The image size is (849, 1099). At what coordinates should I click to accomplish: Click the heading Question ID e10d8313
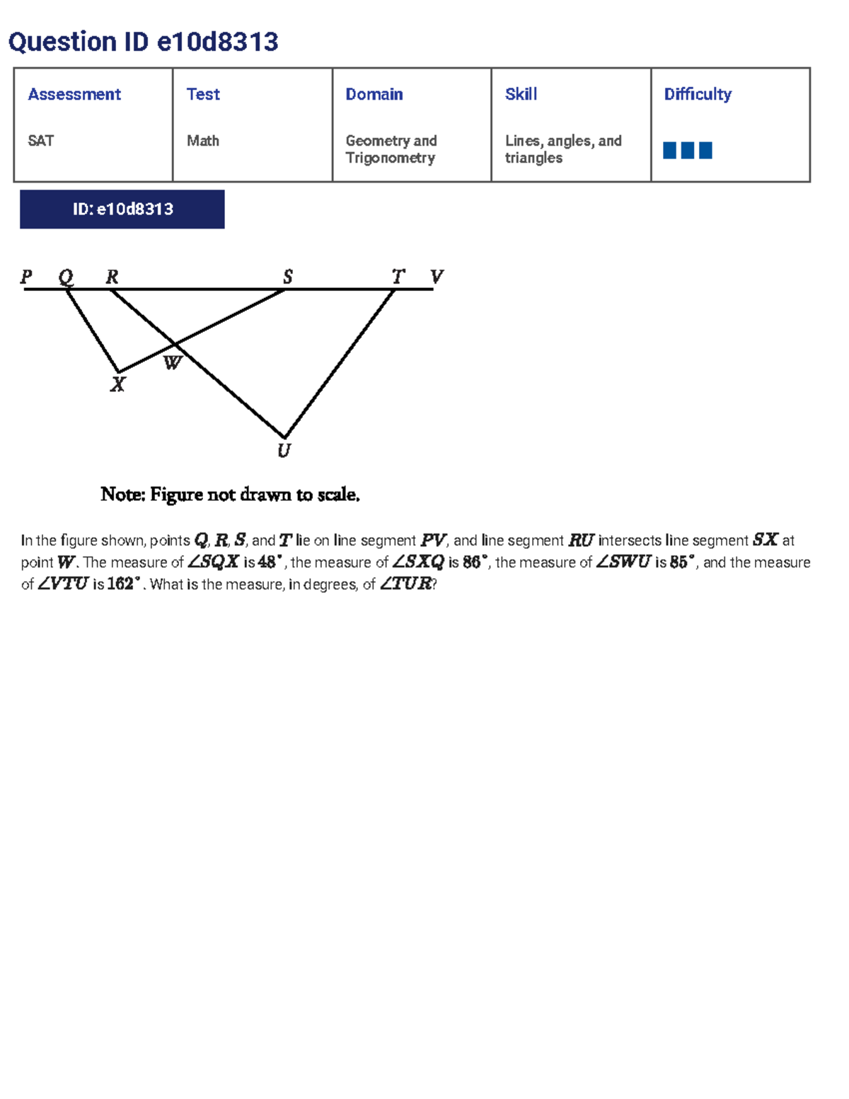click(x=143, y=42)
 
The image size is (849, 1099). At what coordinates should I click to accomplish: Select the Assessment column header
click(x=74, y=94)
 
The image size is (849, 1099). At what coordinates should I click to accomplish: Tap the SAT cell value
click(x=41, y=141)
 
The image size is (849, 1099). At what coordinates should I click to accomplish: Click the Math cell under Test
click(x=202, y=141)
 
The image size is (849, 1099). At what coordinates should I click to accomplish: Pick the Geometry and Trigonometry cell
click(x=391, y=149)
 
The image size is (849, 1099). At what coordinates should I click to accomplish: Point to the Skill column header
click(x=521, y=94)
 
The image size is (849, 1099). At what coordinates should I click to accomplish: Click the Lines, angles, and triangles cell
click(x=563, y=149)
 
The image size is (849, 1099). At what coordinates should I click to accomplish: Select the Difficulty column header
click(x=698, y=94)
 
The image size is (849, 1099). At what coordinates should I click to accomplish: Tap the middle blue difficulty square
click(x=687, y=150)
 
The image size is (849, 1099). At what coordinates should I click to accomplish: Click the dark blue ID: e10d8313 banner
click(x=122, y=209)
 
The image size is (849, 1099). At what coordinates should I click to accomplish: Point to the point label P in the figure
click(x=27, y=276)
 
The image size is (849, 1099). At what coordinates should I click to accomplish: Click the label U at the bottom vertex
click(x=284, y=451)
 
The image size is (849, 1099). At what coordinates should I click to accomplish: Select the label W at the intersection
click(x=173, y=364)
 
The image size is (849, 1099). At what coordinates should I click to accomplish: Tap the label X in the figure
click(x=117, y=385)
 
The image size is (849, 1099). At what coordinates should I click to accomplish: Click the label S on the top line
click(x=287, y=276)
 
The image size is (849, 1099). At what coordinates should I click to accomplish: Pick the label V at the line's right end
click(x=437, y=276)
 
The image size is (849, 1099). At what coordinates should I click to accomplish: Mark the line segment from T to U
click(x=340, y=363)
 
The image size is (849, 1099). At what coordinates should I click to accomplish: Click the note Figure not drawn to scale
click(x=230, y=494)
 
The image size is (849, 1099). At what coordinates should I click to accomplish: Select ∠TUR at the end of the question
click(x=405, y=585)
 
